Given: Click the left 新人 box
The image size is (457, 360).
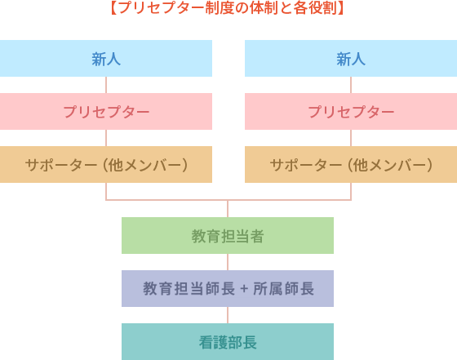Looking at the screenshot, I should coord(106,59).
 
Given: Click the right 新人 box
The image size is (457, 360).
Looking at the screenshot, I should coord(351,59).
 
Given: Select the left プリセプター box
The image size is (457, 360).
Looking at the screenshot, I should coord(106,112).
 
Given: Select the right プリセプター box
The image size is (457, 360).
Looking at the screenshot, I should coord(351,112).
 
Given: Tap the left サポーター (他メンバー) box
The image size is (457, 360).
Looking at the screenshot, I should coord(106,165).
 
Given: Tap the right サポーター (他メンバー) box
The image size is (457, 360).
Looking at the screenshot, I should coord(351,165).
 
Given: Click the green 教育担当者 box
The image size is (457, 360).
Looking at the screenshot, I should coord(228,236).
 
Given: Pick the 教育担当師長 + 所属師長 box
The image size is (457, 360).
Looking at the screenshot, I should coord(228,289).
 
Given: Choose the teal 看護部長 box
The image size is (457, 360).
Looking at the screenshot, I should coord(228,342).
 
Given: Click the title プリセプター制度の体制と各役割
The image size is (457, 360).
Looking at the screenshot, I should coord(228,8).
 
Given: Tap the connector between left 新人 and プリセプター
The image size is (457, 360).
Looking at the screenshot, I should coord(106,85).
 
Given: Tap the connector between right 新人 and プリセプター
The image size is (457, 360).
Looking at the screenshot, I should coord(351,85).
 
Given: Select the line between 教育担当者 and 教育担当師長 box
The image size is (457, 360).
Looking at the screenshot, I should coord(228,262).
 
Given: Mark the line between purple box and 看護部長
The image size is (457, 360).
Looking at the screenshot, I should coord(228,315).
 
